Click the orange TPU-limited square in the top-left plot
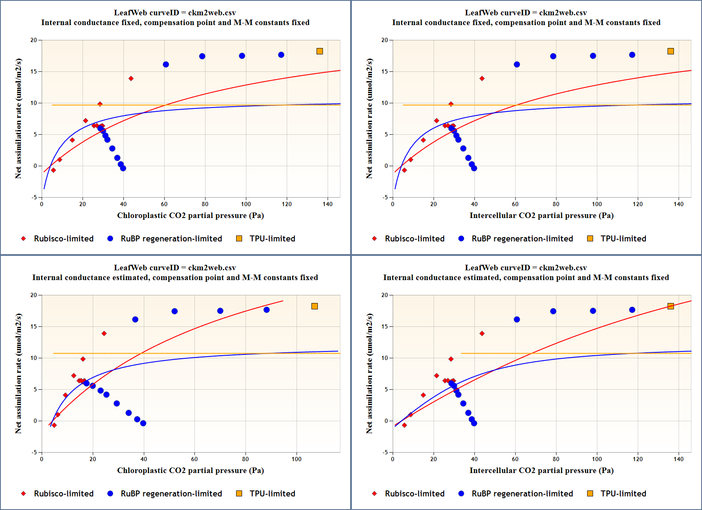(x=320, y=51)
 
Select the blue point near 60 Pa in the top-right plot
(x=517, y=65)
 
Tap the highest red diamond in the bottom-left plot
(x=104, y=334)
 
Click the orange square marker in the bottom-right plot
(x=671, y=306)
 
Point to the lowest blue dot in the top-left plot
(x=123, y=168)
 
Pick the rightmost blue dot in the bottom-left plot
(x=266, y=310)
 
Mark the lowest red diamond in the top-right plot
(x=404, y=170)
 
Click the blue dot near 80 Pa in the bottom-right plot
(x=553, y=311)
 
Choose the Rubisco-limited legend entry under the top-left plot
(x=63, y=239)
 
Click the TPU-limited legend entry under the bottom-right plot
(x=623, y=494)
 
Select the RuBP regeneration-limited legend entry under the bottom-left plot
(x=171, y=494)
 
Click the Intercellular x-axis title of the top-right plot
(x=541, y=215)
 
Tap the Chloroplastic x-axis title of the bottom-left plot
(x=190, y=470)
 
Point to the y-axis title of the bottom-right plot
(x=369, y=374)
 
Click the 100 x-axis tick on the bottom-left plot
(x=297, y=459)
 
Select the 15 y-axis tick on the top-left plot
(x=34, y=72)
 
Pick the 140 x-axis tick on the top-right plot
(x=679, y=204)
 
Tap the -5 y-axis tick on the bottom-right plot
(x=384, y=452)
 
